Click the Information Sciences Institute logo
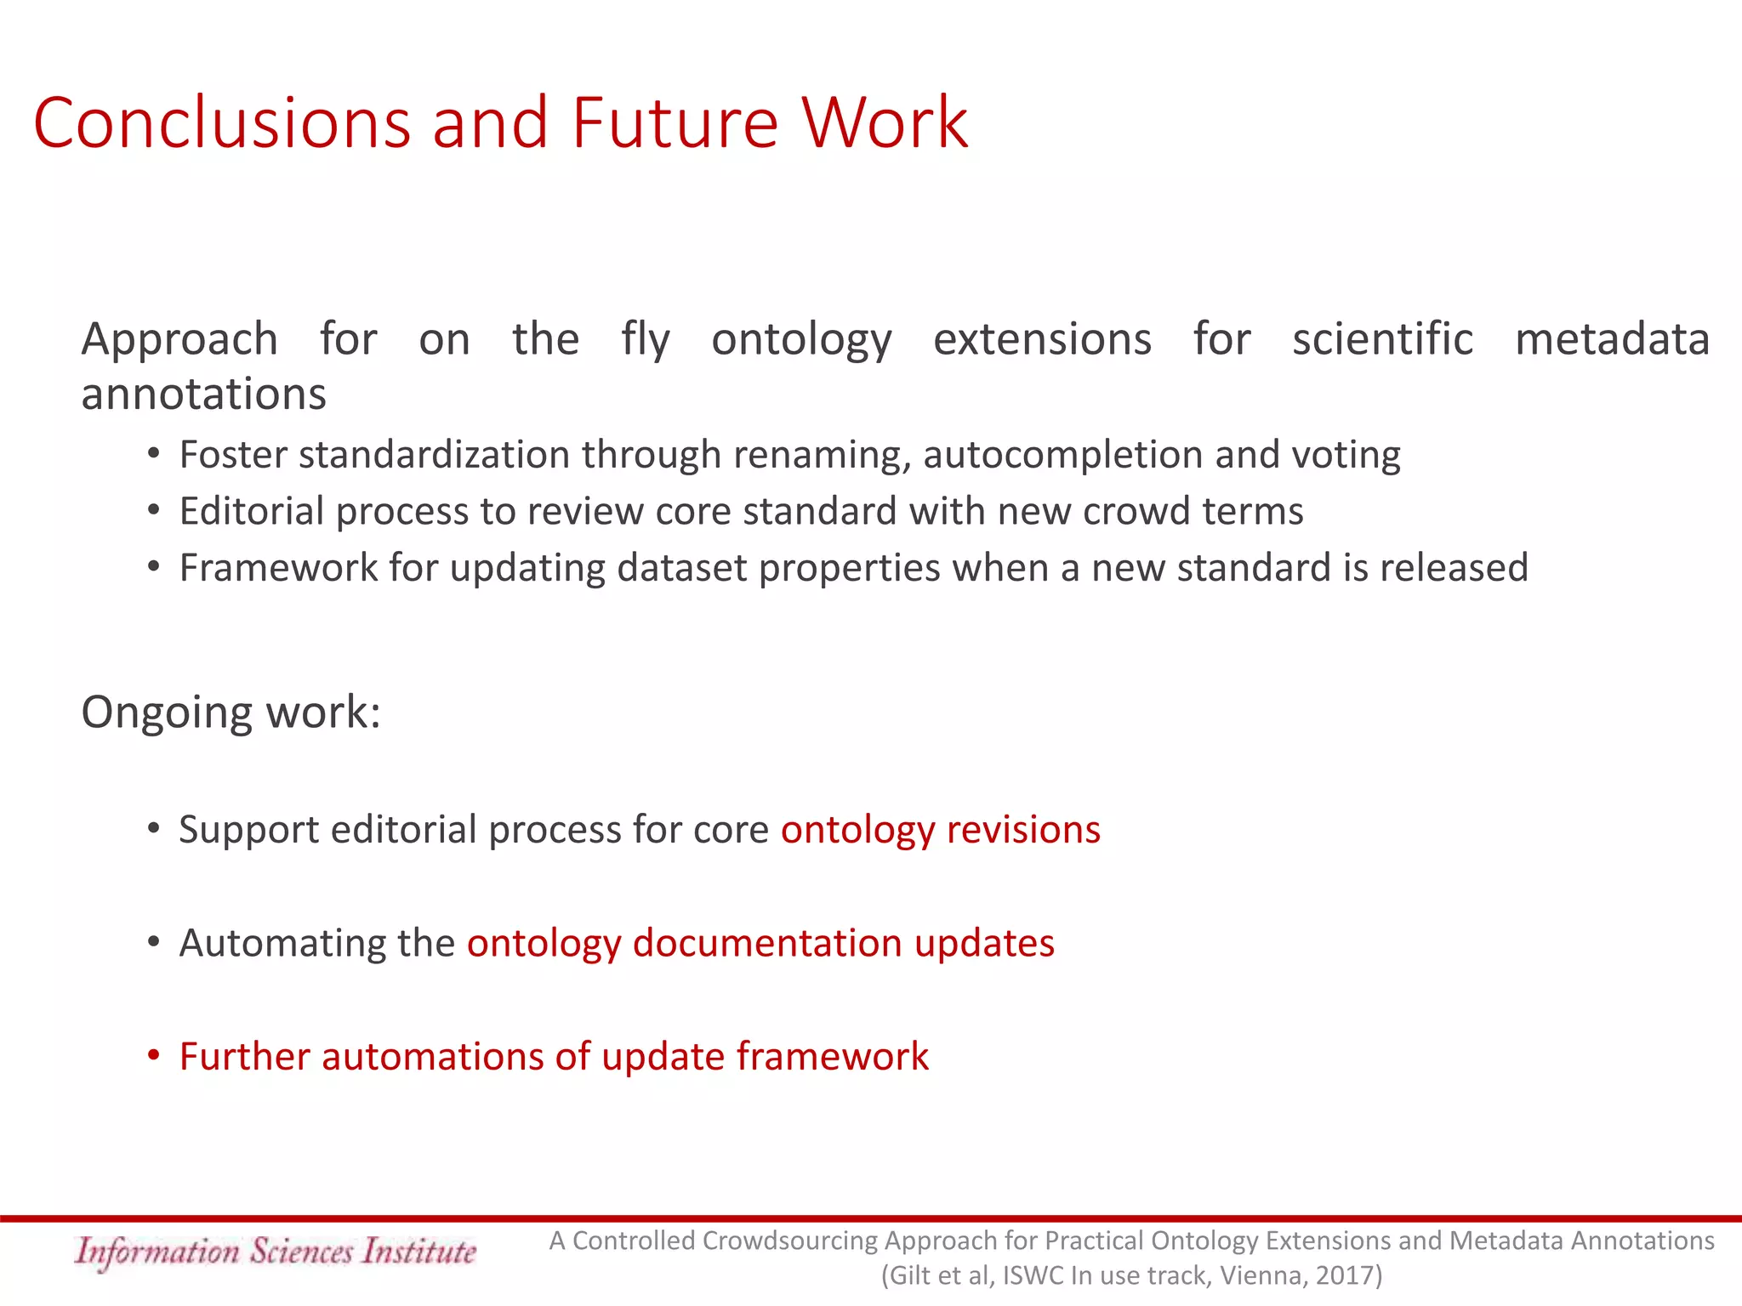(x=275, y=1252)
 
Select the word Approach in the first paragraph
(x=179, y=340)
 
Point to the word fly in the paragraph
(x=645, y=340)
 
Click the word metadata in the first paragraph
(x=1612, y=338)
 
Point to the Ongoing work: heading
(x=231, y=713)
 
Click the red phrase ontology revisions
(x=940, y=829)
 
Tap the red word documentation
(x=767, y=943)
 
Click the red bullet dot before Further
(x=153, y=1055)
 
